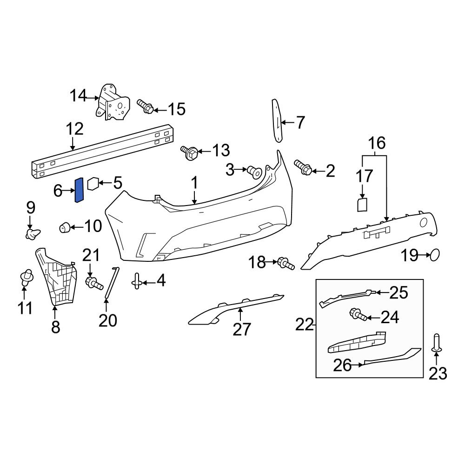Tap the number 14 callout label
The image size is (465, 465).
(78, 96)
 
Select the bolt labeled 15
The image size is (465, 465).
(146, 107)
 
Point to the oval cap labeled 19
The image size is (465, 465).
(434, 255)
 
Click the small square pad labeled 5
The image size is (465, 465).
(93, 184)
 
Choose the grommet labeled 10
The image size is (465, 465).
(65, 227)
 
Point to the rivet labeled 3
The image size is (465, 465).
(254, 172)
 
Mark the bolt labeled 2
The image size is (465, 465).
(303, 168)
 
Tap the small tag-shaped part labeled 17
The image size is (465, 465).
(363, 205)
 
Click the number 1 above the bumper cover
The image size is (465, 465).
(194, 183)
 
